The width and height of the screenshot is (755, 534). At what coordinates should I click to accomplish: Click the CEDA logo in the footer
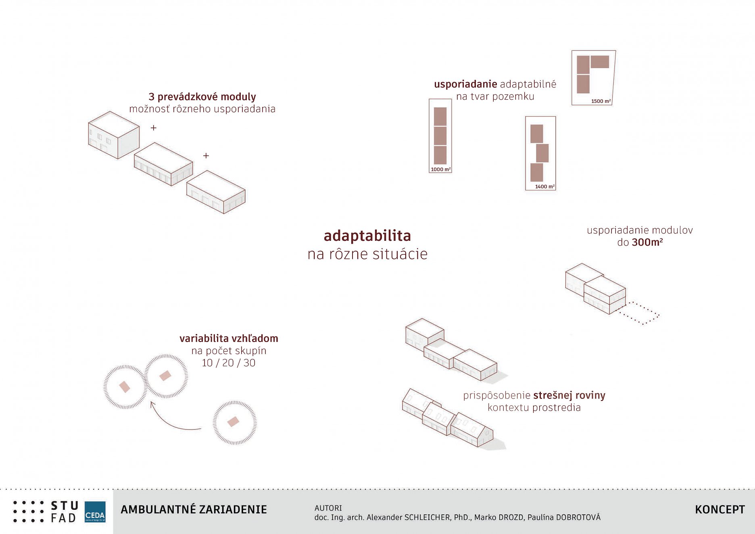[x=95, y=512]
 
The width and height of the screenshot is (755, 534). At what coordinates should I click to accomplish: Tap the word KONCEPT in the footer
[x=720, y=509]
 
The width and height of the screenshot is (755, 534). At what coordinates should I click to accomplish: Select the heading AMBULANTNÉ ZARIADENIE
[x=194, y=509]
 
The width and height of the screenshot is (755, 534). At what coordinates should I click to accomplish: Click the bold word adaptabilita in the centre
[x=367, y=236]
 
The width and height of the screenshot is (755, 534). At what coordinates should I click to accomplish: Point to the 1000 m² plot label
[x=440, y=169]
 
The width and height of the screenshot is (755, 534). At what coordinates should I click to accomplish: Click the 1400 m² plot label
[x=545, y=186]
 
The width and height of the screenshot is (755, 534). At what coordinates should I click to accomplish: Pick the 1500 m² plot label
[x=601, y=101]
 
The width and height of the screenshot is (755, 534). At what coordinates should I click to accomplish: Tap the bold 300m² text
[x=647, y=242]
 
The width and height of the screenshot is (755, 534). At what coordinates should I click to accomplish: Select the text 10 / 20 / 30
[x=229, y=363]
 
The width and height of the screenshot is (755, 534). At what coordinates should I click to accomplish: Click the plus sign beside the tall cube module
[x=154, y=128]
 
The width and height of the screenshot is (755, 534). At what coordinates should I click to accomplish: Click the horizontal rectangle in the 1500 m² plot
[x=600, y=62]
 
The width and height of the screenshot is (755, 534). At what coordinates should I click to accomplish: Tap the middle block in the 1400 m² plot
[x=542, y=153]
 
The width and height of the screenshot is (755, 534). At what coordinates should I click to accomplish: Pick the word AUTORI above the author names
[x=328, y=508]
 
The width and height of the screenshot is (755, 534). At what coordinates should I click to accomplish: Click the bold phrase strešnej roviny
[x=569, y=395]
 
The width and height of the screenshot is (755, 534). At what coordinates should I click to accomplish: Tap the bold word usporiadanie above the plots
[x=465, y=84]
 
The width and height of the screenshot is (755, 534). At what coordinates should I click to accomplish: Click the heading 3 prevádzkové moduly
[x=202, y=97]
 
